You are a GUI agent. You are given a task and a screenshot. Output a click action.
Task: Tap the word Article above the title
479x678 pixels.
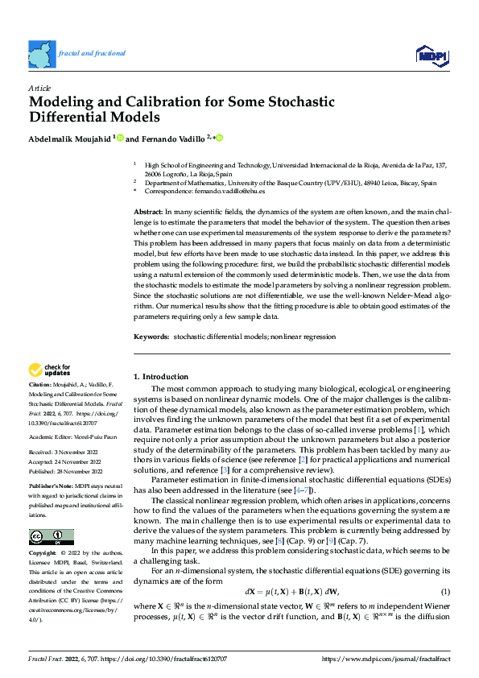(x=39, y=88)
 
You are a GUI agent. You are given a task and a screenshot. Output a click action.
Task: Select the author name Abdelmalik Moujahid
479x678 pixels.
(x=69, y=138)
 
